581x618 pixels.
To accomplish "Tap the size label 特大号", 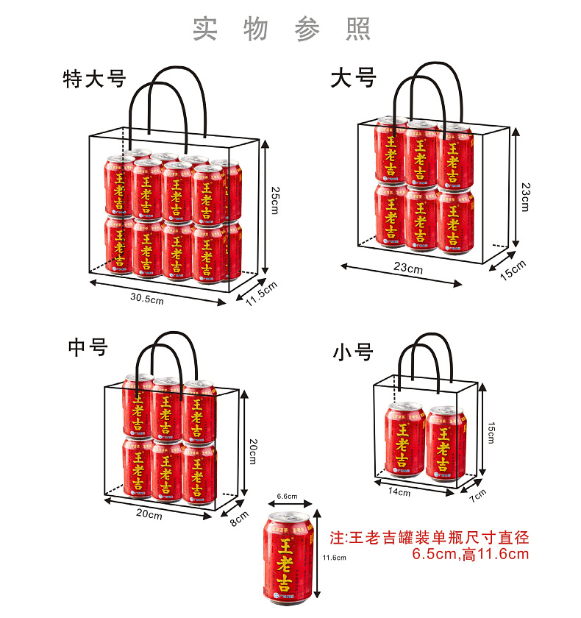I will [x=95, y=79].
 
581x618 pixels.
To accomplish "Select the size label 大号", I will [x=354, y=77].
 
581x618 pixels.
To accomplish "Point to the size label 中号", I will [x=88, y=346].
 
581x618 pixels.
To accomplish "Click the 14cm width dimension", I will [x=399, y=491].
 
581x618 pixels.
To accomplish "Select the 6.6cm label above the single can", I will [x=288, y=497].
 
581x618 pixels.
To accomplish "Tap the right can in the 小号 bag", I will [x=446, y=442].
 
